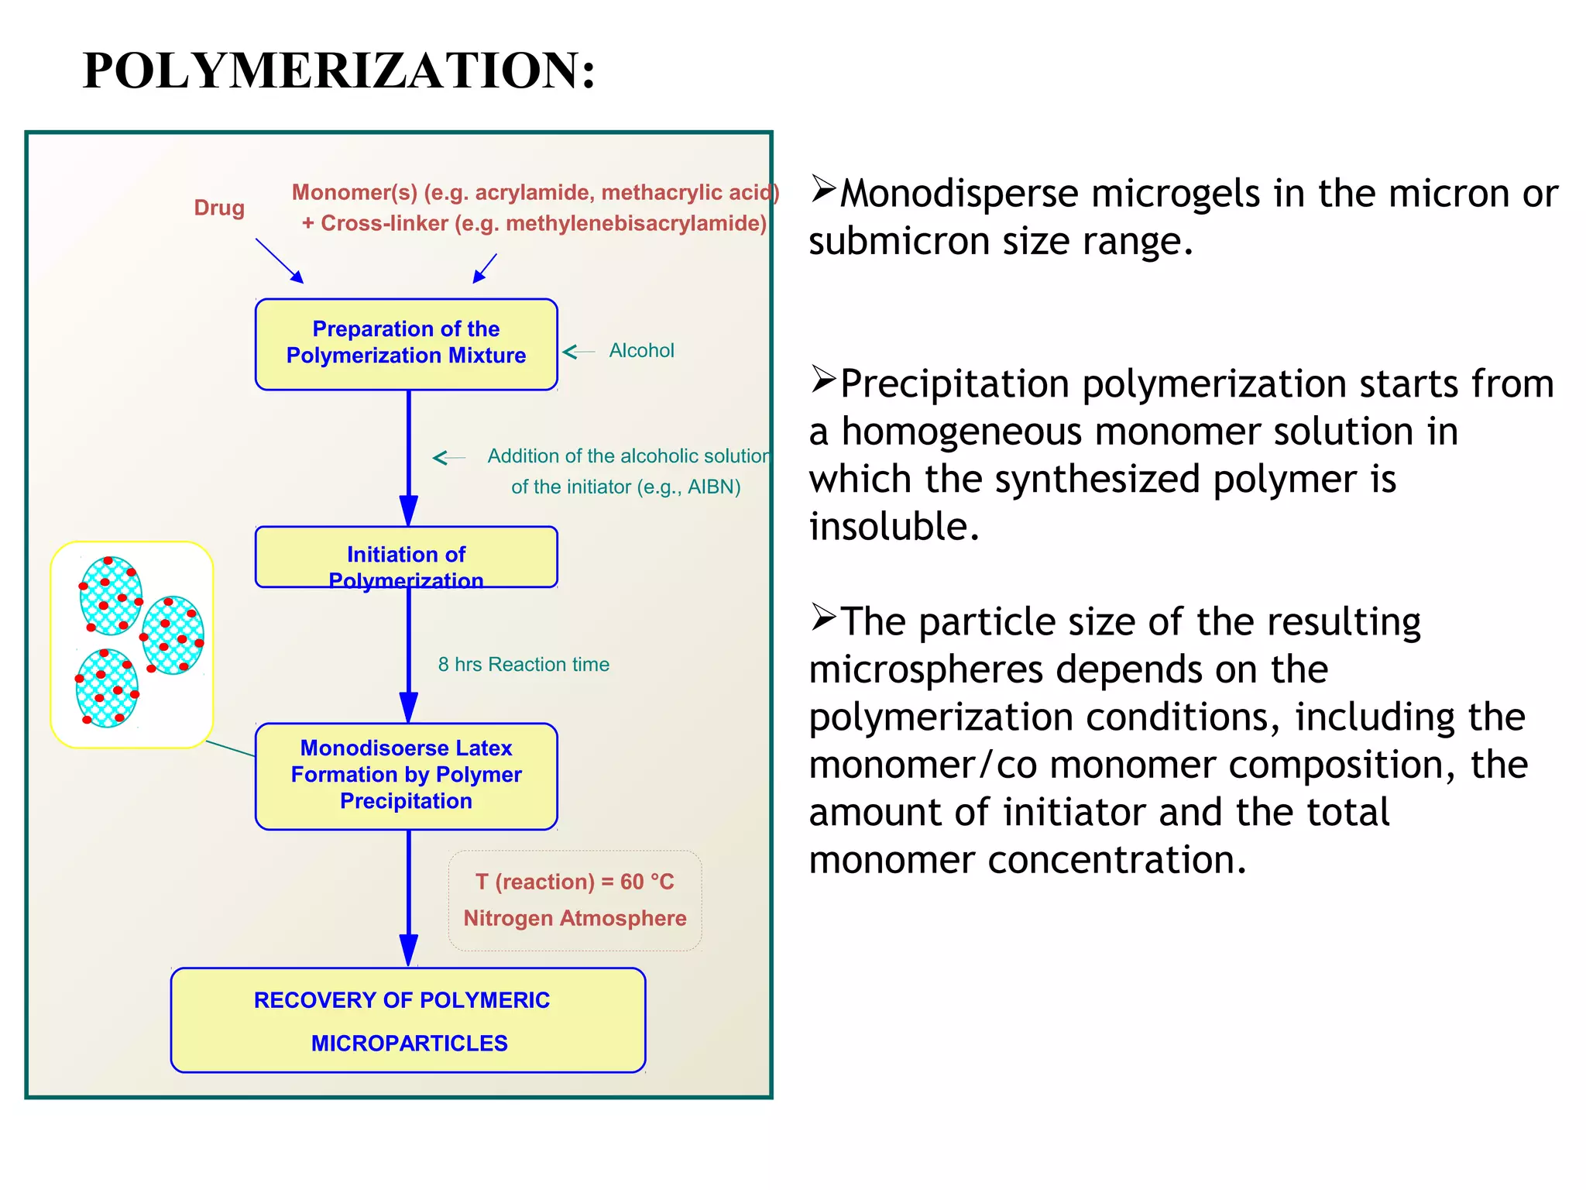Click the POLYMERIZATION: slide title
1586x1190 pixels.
[x=338, y=71]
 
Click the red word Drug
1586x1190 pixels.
[x=219, y=208]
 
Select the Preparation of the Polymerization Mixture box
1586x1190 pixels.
[x=406, y=343]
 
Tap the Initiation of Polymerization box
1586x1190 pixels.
[x=406, y=557]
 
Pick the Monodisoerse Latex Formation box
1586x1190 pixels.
[x=406, y=776]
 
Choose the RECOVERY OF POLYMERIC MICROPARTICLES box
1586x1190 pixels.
[x=408, y=1020]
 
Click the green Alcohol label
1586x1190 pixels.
[x=641, y=351]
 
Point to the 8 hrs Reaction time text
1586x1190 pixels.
[x=524, y=665]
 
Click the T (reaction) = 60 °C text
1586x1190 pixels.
[x=575, y=882]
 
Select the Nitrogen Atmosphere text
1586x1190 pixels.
[x=575, y=918]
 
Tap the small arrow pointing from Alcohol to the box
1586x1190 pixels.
[x=578, y=352]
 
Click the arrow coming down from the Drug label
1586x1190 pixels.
[x=280, y=260]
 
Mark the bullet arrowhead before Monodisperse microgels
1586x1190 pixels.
[x=823, y=189]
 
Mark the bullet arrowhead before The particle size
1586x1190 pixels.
[x=823, y=617]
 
